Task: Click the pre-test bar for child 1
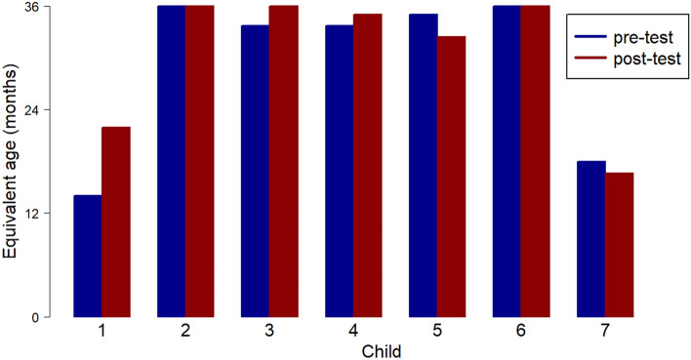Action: coord(87,256)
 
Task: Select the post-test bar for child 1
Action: coord(115,221)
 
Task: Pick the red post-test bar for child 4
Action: coord(367,165)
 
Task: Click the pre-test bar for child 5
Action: coord(423,165)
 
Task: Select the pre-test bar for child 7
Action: coord(590,239)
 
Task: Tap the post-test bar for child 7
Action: coord(619,245)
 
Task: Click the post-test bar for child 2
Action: coord(199,161)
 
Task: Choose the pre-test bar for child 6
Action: coord(507,161)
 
